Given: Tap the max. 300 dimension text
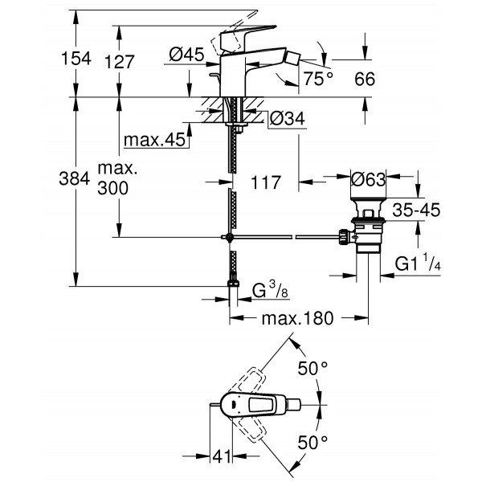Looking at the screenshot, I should [x=117, y=179].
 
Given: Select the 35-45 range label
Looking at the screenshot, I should [x=417, y=210].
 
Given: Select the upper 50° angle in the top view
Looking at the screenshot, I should [x=312, y=369].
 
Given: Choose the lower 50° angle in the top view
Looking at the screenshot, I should [x=312, y=442].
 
